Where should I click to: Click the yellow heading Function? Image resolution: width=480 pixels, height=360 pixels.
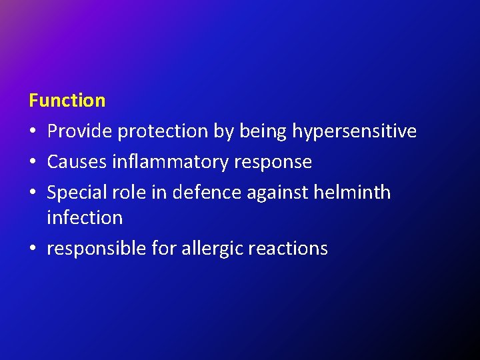click(x=67, y=101)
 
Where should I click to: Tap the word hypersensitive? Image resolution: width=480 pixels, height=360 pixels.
click(x=354, y=132)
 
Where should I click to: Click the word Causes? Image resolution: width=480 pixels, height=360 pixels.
click(x=75, y=162)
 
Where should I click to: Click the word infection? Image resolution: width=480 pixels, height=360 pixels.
click(x=85, y=217)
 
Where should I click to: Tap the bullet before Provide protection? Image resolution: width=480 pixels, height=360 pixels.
click(x=33, y=132)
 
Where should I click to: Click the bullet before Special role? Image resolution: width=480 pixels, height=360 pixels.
click(x=33, y=193)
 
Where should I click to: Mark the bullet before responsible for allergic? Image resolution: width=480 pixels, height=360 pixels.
click(x=33, y=249)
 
